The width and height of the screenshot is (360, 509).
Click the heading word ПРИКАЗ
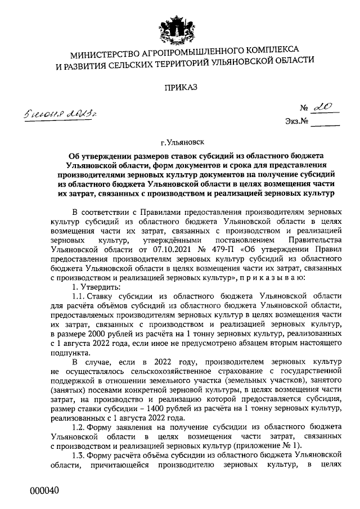[x=179, y=88]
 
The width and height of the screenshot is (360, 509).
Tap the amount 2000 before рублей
[x=96, y=334]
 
